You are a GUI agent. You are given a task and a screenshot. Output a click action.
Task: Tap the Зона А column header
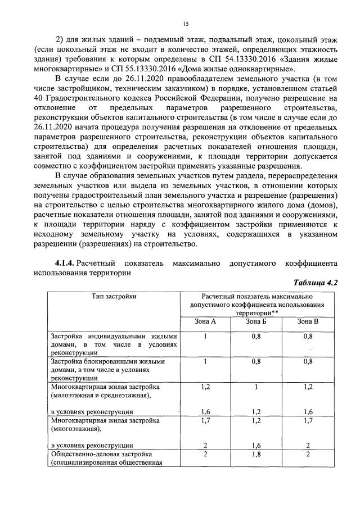coord(205,321)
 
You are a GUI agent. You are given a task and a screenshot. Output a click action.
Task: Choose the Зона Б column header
coord(256,321)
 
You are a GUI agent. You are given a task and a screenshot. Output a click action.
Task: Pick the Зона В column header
coord(308,321)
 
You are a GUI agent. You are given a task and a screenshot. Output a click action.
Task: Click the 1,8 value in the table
coord(256,453)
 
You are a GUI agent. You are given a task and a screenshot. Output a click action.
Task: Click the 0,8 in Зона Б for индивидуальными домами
coord(256,336)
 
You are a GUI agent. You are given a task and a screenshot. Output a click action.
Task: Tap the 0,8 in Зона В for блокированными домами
coord(308,362)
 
